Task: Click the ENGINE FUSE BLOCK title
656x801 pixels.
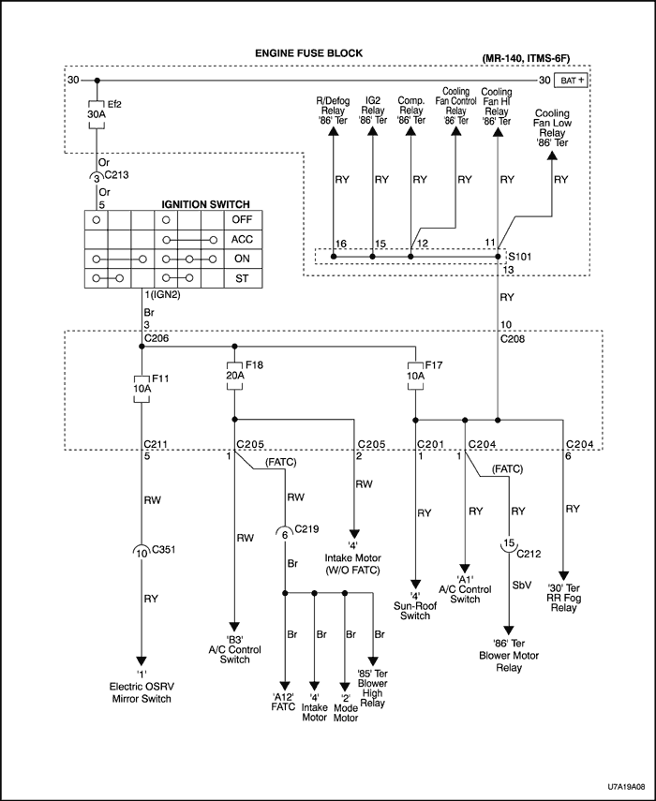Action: [309, 53]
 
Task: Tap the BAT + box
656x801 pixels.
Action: [573, 82]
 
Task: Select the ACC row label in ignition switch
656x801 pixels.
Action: [241, 239]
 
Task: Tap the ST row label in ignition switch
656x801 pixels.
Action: [241, 278]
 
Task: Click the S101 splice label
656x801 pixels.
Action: [519, 255]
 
